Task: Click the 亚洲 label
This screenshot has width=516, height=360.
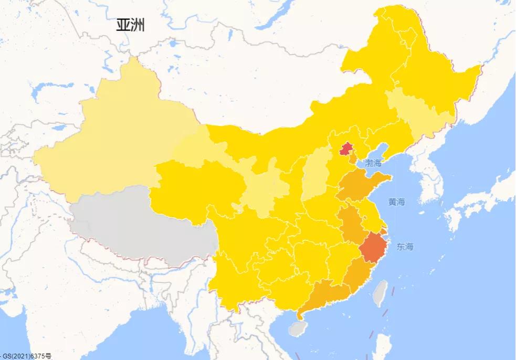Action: [130, 25]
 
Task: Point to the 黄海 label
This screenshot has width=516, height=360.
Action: [397, 202]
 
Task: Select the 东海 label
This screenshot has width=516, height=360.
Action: [405, 246]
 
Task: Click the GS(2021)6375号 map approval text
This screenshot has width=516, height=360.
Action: [26, 356]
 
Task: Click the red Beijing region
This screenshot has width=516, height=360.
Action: [345, 149]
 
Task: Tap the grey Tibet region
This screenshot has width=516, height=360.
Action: [142, 220]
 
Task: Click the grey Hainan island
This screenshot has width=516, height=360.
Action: [298, 329]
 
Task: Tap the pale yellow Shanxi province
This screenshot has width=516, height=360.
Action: [315, 173]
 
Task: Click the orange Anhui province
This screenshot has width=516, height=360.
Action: [349, 223]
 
